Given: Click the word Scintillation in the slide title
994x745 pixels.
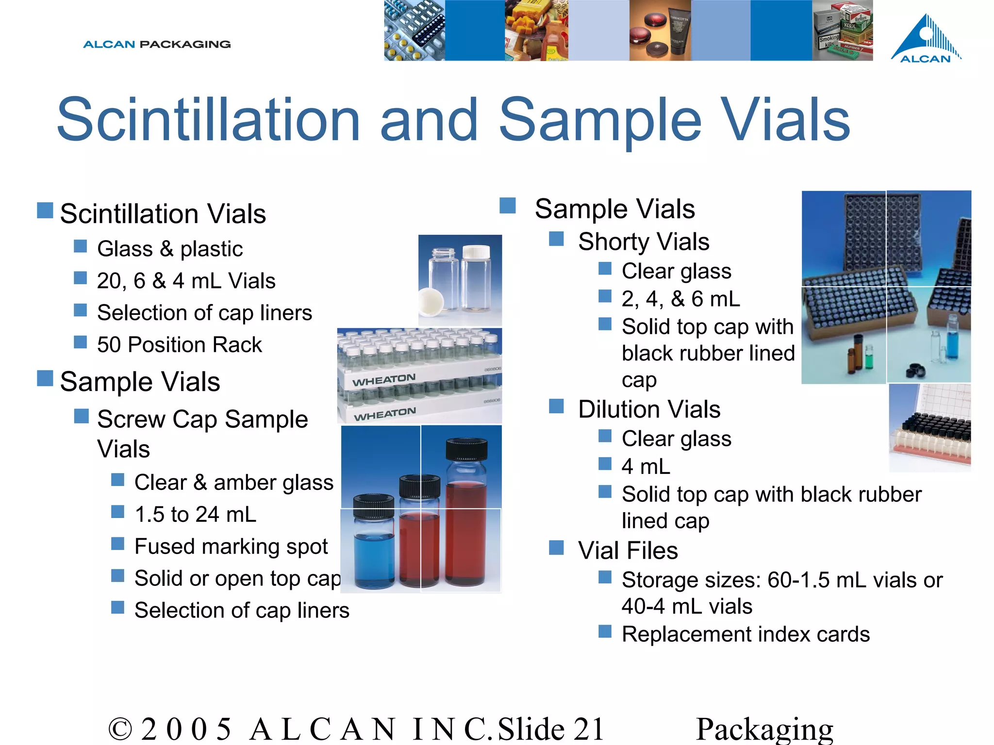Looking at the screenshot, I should [209, 120].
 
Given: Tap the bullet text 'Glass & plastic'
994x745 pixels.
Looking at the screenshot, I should [169, 249].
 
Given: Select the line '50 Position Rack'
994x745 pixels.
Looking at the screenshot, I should [179, 345].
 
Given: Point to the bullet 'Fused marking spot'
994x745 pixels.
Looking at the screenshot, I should [231, 547].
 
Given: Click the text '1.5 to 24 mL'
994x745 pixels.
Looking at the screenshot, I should [195, 515].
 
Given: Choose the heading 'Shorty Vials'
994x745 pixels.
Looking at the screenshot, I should [644, 242].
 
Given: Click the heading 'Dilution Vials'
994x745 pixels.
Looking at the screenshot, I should [649, 409].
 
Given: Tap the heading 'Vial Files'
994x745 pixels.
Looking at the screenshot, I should [628, 551].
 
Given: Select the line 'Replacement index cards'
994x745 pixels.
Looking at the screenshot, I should [745, 634].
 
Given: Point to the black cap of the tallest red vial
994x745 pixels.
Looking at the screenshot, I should [466, 449].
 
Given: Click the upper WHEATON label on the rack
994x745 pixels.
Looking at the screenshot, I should [384, 380].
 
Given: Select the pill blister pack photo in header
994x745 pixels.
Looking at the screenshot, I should [414, 30].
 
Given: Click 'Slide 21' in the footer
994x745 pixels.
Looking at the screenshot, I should [550, 729].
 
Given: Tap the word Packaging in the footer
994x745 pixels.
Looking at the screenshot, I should [764, 729].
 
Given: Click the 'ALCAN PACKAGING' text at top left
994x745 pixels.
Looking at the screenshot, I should [157, 45].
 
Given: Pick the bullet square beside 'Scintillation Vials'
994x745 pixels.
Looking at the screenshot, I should [45, 211].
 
